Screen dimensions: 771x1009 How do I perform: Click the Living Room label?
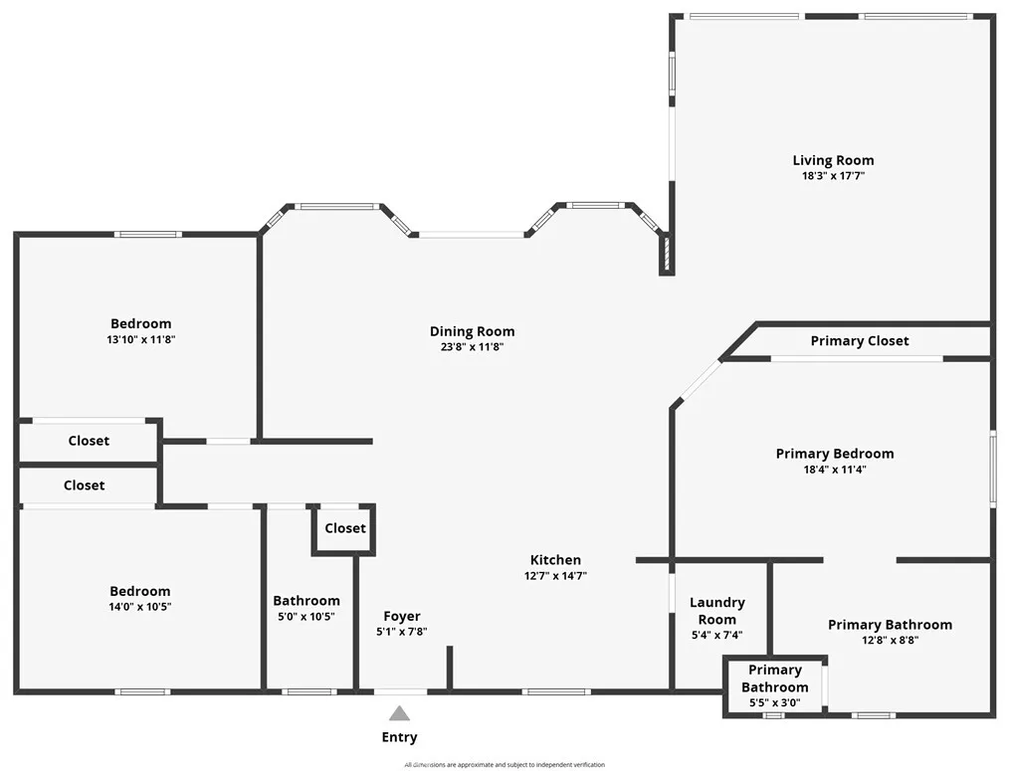(x=833, y=160)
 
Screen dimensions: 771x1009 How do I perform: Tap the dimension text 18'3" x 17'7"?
(x=833, y=176)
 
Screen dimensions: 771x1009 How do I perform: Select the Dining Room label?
(x=472, y=331)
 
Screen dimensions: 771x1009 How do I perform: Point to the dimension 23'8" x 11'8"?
(x=472, y=347)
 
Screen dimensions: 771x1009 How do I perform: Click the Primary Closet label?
(x=859, y=341)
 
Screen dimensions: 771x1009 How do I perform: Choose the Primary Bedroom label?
(x=834, y=454)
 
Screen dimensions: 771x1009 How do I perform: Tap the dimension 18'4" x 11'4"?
(x=834, y=470)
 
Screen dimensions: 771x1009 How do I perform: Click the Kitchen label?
(x=555, y=560)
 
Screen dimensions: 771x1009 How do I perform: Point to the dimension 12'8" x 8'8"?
(x=890, y=641)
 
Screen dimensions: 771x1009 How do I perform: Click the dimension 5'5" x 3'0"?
(x=774, y=703)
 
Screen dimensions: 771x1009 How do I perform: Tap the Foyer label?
(x=402, y=617)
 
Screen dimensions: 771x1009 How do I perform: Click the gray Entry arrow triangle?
(x=399, y=713)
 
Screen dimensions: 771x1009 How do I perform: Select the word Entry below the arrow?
(x=399, y=737)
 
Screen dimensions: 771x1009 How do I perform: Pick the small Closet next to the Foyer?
(x=344, y=528)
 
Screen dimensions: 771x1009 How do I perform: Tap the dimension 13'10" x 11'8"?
(x=140, y=339)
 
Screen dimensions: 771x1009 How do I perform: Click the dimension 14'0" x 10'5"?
(x=140, y=607)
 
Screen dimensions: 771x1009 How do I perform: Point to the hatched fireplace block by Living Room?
(x=664, y=254)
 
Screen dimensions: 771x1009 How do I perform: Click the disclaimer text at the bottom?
(x=504, y=765)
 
